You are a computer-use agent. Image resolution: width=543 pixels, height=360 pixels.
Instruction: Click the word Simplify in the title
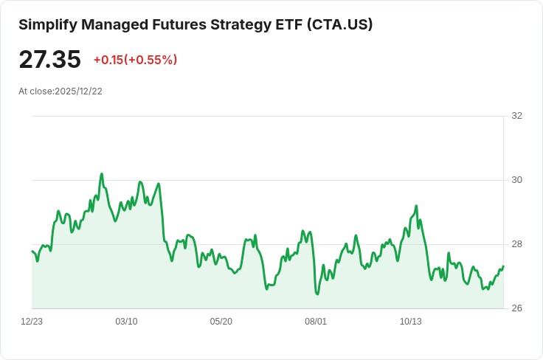coord(48,25)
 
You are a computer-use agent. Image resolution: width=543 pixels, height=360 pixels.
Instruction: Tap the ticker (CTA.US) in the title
coord(339,25)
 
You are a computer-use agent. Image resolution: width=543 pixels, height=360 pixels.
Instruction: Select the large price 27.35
coord(50,60)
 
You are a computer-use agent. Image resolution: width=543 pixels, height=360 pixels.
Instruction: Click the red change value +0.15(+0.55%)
coord(136,60)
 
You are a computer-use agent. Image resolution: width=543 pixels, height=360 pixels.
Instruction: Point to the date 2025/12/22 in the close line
coord(79,91)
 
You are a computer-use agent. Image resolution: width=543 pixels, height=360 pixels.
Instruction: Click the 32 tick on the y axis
coord(516,116)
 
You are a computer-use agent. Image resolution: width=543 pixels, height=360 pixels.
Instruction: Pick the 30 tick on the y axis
coord(516,180)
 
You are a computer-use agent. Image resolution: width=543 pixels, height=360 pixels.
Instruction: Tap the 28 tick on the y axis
coord(516,244)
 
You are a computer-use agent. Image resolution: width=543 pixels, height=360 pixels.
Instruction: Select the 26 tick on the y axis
coord(516,308)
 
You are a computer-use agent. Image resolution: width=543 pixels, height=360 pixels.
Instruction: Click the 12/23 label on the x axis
coord(32,322)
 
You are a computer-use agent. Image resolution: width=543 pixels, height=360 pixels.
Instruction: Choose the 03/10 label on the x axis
coord(126,322)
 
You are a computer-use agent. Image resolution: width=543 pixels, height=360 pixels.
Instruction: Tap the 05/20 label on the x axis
coord(221,322)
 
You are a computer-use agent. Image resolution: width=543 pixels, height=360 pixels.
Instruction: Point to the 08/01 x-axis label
coord(316,322)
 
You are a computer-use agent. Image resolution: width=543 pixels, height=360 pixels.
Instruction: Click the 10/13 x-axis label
coord(411,322)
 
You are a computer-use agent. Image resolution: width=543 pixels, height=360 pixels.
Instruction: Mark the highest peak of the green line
coord(102,174)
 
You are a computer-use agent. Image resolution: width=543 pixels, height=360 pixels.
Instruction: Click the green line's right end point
coord(503,266)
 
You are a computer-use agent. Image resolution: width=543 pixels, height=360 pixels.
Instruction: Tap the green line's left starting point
coord(32,251)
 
